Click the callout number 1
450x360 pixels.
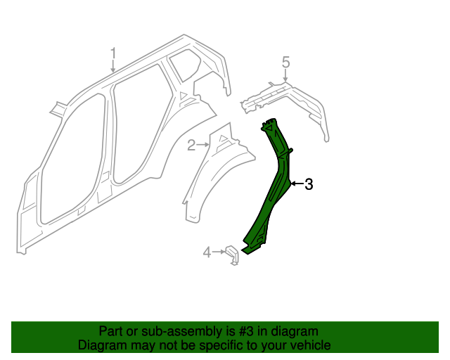[x=113, y=53]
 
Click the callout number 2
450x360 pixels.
[x=191, y=145]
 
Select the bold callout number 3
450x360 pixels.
[x=308, y=184]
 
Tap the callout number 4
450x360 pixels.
[x=207, y=252]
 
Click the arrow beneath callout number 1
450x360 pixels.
[x=113, y=67]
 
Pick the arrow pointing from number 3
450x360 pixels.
[x=296, y=184]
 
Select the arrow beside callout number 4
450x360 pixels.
[x=219, y=251]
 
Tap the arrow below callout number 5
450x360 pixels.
[x=285, y=77]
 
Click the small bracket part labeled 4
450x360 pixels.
[x=232, y=256]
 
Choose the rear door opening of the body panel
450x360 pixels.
[x=137, y=127]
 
